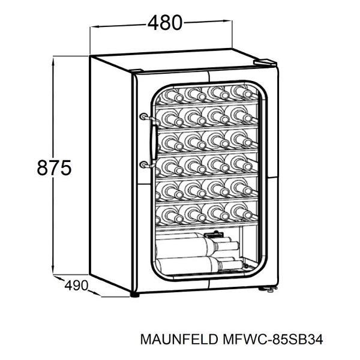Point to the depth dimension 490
[x=76, y=284]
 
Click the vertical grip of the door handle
[x=154, y=140]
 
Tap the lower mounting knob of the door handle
[x=143, y=163]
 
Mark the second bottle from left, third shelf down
[x=195, y=141]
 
